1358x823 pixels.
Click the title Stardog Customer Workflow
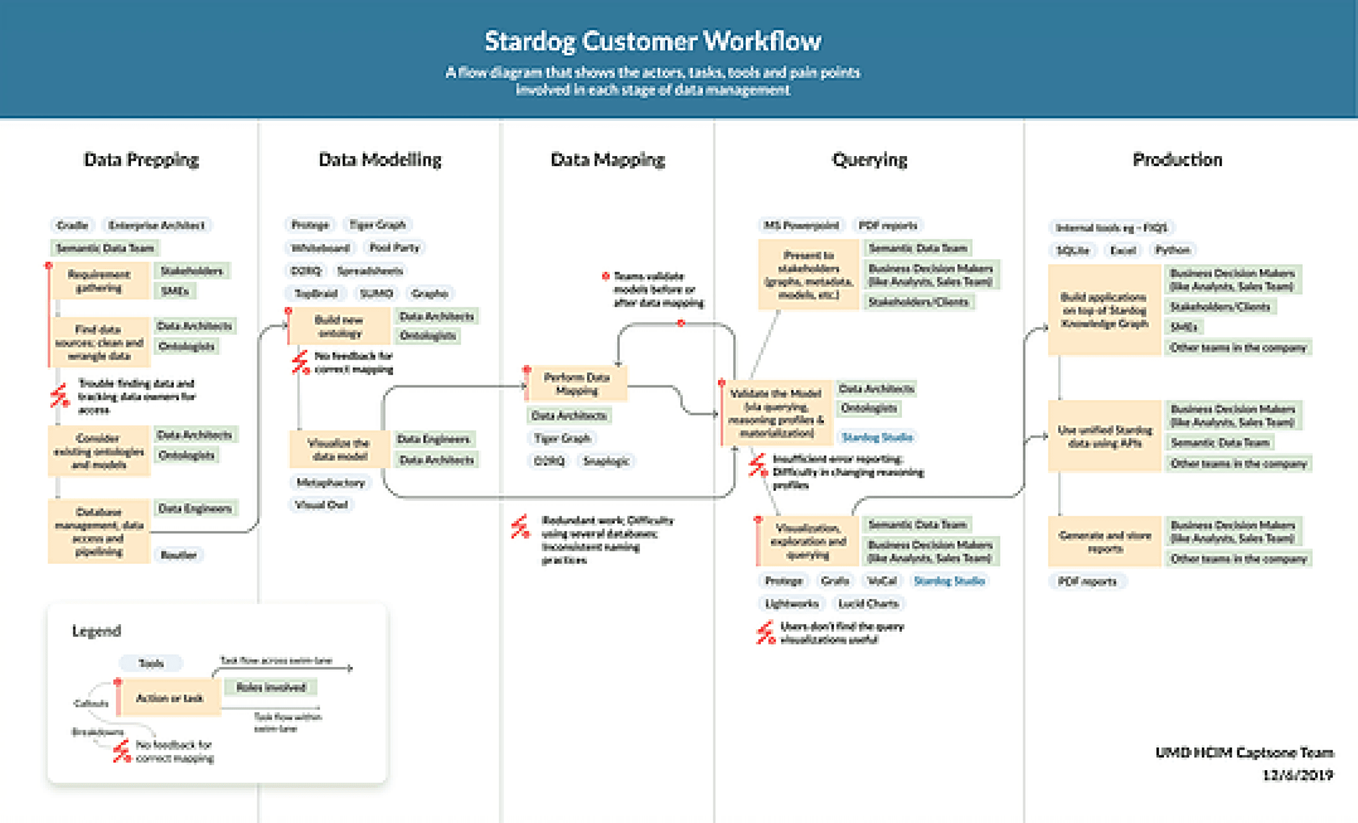[x=653, y=41]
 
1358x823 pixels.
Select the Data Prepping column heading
[x=141, y=160]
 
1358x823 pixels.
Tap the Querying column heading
[x=869, y=160]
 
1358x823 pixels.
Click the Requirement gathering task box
[x=99, y=281]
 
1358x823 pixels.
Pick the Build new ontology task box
[x=339, y=327]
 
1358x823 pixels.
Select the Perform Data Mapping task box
[x=576, y=384]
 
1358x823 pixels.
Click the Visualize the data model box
[x=338, y=449]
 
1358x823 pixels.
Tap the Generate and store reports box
[x=1105, y=541]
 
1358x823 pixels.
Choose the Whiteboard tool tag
[x=320, y=248]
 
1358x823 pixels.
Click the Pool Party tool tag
[x=394, y=247]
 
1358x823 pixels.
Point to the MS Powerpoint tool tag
[x=801, y=226]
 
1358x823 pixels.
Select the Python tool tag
[x=1172, y=250]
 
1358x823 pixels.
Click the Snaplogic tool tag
[x=606, y=461]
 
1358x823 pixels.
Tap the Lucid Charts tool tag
[x=868, y=604]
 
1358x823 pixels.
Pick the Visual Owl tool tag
[x=321, y=504]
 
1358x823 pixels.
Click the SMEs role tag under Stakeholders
[x=175, y=291]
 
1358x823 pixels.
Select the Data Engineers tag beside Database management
[x=195, y=508]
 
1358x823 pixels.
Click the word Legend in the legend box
[x=96, y=631]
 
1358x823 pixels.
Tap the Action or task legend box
[x=170, y=698]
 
